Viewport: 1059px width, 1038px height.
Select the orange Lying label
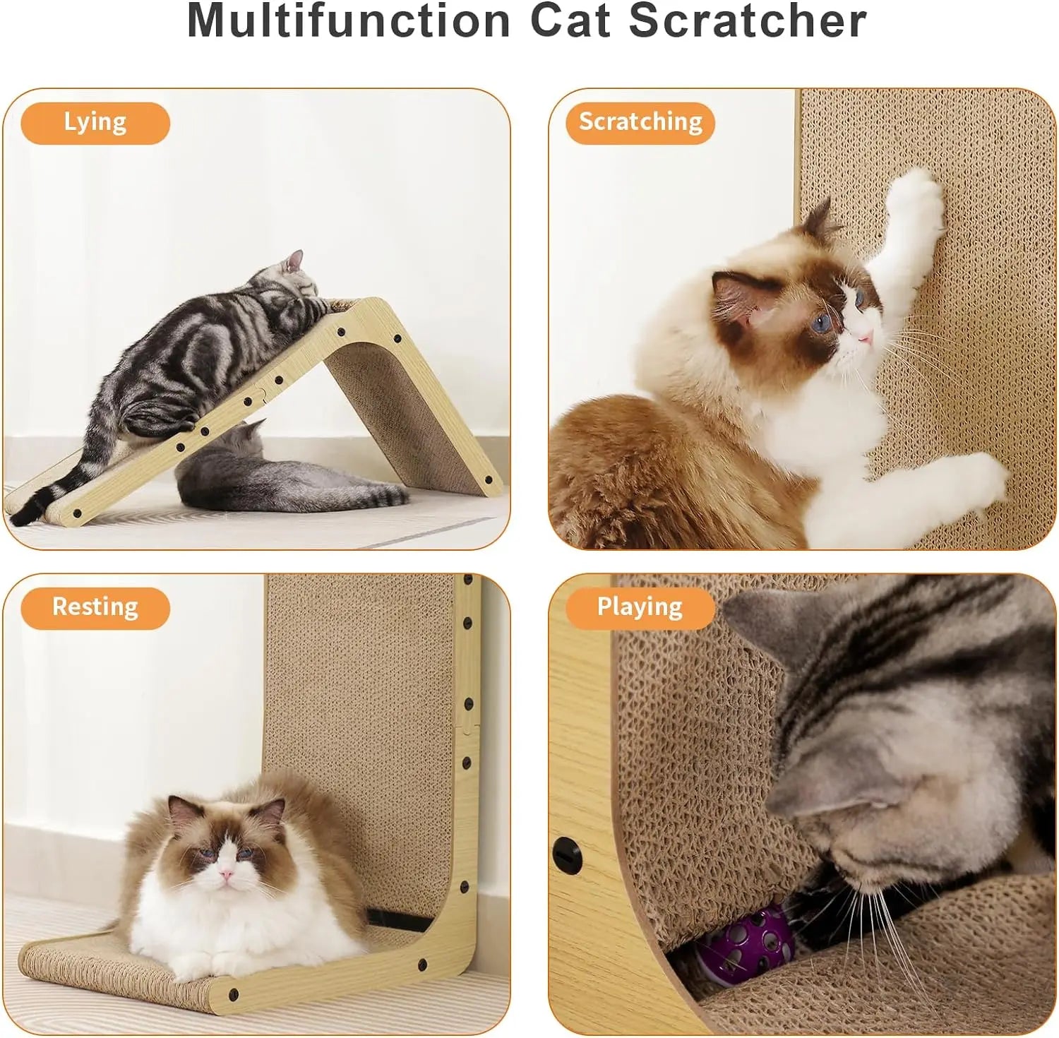pyautogui.click(x=95, y=123)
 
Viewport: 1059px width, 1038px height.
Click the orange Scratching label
pyautogui.click(x=640, y=123)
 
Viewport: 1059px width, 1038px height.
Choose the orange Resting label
pyautogui.click(x=95, y=608)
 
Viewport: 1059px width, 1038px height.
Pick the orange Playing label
pyautogui.click(x=640, y=608)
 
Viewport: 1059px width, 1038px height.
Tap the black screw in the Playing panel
pyautogui.click(x=567, y=855)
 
